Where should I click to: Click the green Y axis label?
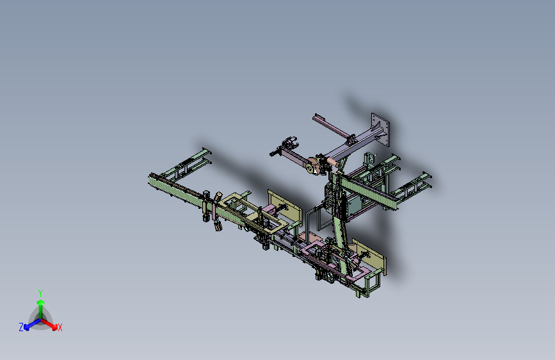(40, 293)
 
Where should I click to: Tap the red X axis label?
(60, 327)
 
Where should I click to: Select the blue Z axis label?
(21, 327)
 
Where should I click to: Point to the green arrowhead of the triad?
(41, 302)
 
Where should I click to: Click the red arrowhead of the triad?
(54, 327)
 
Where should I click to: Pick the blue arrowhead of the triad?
(27, 327)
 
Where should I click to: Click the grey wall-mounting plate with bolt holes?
(380, 129)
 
